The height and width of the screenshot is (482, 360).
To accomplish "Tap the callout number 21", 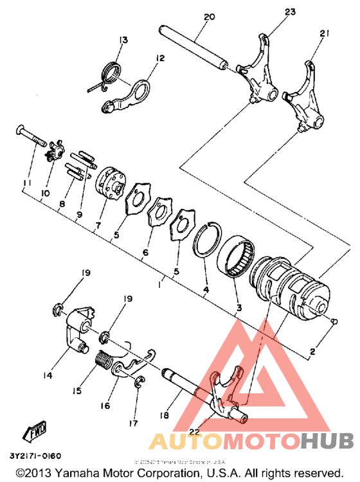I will [x=323, y=33].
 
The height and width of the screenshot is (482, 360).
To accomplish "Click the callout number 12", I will [x=159, y=58].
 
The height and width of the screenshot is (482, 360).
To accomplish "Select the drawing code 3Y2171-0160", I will [x=35, y=456].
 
